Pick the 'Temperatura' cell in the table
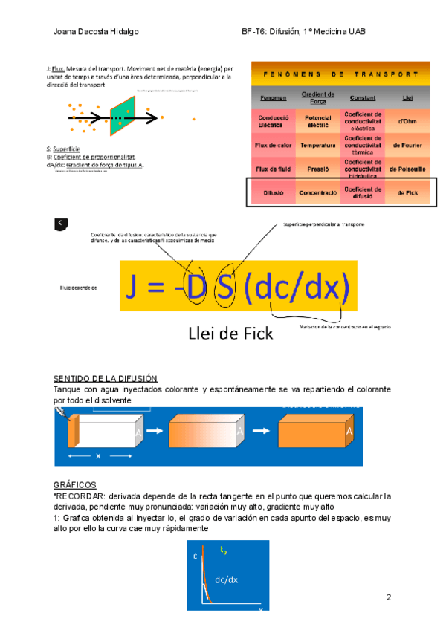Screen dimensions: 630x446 click(318, 145)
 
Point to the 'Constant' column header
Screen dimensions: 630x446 click(363, 98)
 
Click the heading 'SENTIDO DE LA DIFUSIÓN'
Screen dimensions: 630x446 click(106, 379)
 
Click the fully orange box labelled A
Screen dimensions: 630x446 click(312, 432)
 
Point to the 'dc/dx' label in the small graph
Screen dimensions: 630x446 click(227, 579)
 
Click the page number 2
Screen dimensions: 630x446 click(389, 597)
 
